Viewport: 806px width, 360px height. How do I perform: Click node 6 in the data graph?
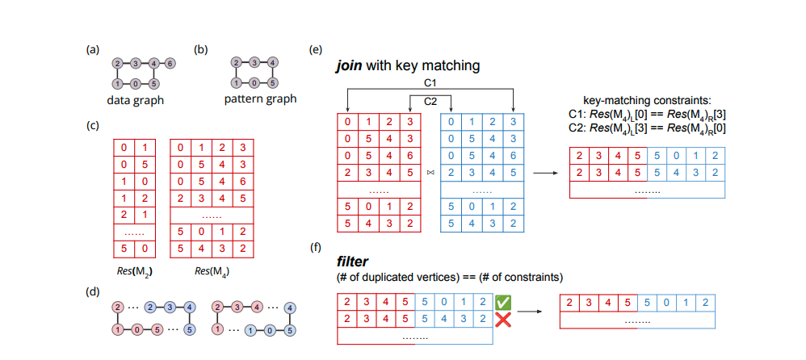point(170,62)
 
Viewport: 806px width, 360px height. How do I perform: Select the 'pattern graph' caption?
point(260,99)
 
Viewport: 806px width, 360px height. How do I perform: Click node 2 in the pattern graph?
point(236,62)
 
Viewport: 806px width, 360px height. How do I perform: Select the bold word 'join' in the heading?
point(350,65)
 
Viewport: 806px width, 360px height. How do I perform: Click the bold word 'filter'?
point(351,262)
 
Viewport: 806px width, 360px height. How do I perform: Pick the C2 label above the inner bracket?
point(430,102)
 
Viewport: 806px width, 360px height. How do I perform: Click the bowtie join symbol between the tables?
point(430,172)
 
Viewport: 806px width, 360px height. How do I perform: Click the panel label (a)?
point(93,49)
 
